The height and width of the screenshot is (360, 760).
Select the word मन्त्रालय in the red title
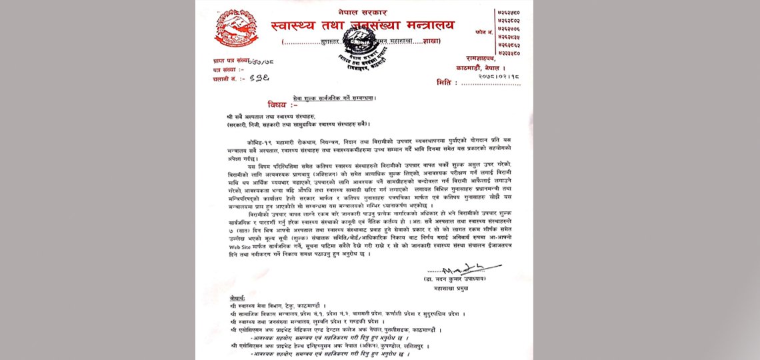pos(421,26)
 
